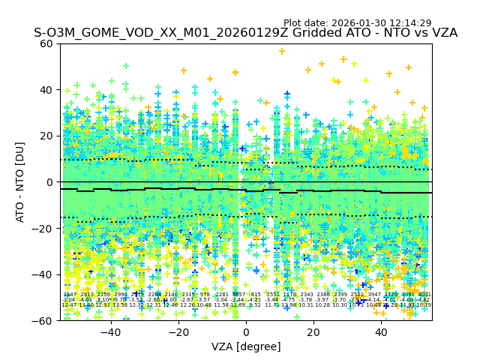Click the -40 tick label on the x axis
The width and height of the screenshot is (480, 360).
point(110,332)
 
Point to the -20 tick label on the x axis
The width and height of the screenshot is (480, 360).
point(178,332)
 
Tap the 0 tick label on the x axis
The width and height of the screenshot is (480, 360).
point(246,332)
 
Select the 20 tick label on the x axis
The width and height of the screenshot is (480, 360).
point(313,332)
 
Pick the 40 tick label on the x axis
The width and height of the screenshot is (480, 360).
point(381,332)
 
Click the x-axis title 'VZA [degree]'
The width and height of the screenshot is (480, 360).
point(246,346)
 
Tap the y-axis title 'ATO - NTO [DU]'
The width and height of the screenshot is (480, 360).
point(21,182)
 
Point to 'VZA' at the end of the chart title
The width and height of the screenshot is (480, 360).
point(442,33)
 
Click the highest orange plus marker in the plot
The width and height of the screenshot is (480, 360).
point(282,52)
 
